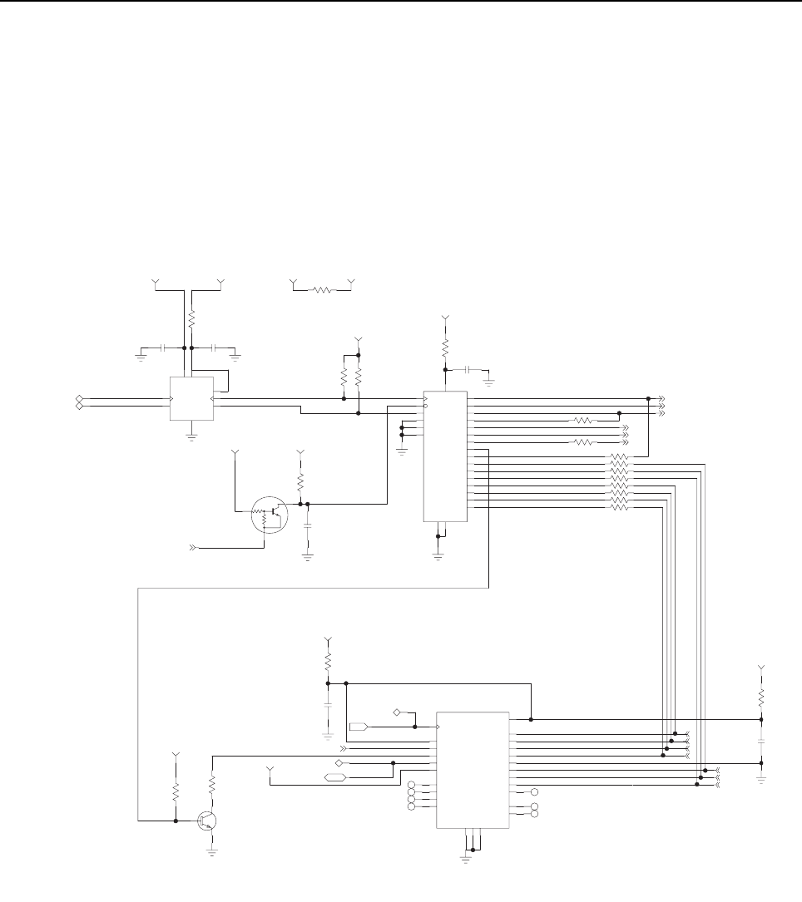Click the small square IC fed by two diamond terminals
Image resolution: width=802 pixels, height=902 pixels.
(x=191, y=399)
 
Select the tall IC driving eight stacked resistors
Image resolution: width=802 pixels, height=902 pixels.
(x=445, y=456)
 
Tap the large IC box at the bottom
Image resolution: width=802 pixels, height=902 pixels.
(x=473, y=769)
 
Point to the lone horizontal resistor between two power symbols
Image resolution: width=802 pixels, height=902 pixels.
(x=321, y=290)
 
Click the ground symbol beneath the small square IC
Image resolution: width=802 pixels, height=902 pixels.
(x=191, y=435)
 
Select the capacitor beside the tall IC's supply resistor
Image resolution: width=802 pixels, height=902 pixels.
(x=470, y=368)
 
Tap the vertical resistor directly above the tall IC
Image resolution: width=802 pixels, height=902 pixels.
(x=445, y=346)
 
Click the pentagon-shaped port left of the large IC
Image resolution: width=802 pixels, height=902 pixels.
(x=359, y=727)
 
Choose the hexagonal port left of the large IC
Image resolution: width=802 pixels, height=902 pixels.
(x=334, y=777)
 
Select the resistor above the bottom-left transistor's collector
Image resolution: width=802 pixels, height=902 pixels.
(x=212, y=784)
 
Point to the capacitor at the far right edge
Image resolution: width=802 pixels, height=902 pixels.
(x=760, y=740)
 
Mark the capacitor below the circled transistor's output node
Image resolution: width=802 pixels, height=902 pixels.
(x=308, y=526)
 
